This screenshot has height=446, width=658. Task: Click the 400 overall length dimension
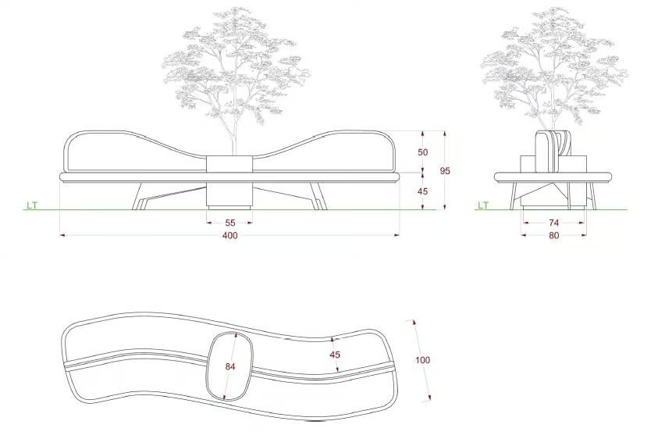tap(230, 236)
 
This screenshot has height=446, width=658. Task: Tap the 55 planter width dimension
tap(230, 223)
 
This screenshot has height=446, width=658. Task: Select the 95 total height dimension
tap(445, 171)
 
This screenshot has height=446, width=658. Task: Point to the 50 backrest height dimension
tap(423, 152)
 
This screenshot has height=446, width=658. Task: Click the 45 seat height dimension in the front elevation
tap(423, 191)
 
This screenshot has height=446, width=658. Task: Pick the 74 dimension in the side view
tap(554, 223)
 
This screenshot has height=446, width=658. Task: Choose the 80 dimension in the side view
tap(554, 235)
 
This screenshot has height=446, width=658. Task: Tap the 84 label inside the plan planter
tap(230, 366)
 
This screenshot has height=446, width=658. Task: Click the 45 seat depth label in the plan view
tap(335, 355)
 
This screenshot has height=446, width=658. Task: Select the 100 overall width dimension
tap(423, 360)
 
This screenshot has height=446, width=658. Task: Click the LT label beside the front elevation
tap(32, 205)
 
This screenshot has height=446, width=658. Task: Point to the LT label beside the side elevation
tap(483, 205)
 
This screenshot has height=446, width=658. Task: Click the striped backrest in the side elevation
tap(554, 152)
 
